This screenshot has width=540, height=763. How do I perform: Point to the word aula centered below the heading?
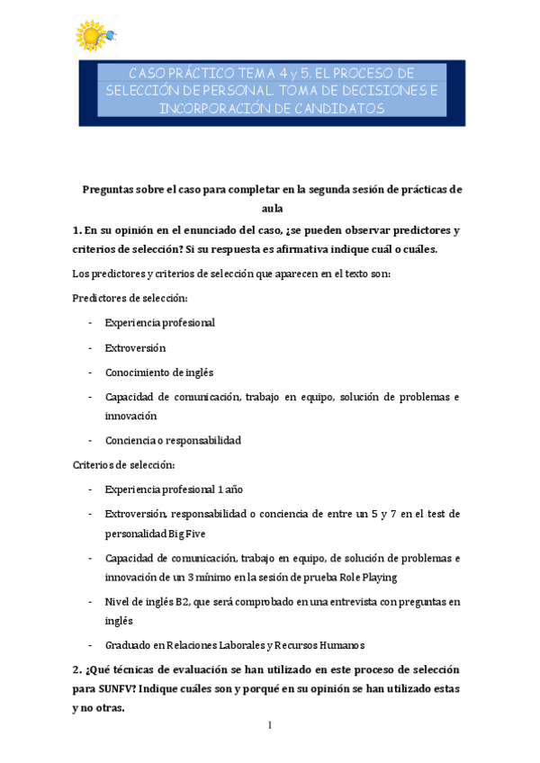point(271,209)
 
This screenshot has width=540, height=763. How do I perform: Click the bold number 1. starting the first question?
point(76,229)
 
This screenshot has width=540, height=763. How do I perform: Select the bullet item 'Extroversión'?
point(135,347)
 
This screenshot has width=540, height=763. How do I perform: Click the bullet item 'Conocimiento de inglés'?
point(159,372)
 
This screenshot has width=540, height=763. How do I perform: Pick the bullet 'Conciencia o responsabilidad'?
point(173,441)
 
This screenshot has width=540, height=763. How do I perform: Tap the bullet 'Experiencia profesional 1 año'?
point(174,489)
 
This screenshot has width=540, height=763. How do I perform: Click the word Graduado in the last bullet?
point(129,644)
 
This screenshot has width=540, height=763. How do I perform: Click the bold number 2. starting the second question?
point(77,670)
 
